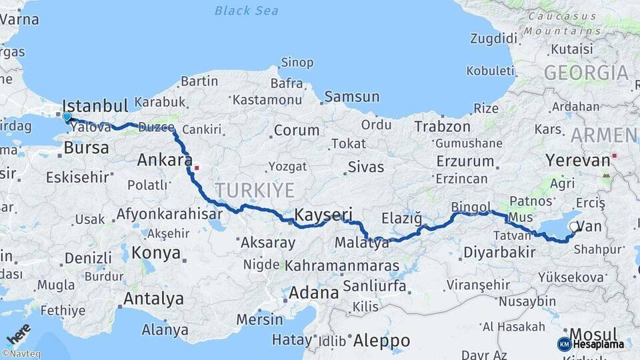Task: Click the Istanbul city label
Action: [95, 106]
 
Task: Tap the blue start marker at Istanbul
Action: [67, 117]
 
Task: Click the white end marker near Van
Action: [574, 227]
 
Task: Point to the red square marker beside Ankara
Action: [197, 160]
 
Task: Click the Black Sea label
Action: [247, 11]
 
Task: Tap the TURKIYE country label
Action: [254, 191]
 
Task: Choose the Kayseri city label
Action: [323, 215]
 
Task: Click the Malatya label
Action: [362, 243]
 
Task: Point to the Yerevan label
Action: [578, 160]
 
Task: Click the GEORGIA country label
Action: [586, 73]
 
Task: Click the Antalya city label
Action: [154, 299]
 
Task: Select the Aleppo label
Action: [381, 340]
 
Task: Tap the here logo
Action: [19, 333]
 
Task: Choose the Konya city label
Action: [156, 253]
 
